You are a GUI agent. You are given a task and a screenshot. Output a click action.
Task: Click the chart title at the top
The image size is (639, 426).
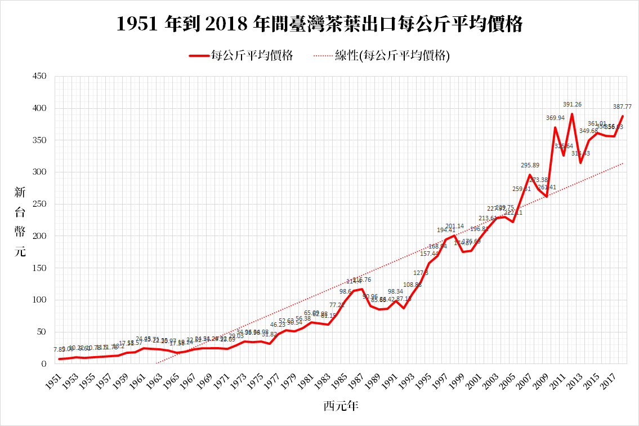tap(319, 24)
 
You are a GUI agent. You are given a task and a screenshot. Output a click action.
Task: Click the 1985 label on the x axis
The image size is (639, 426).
tap(339, 377)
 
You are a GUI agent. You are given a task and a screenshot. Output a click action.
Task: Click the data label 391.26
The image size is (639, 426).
tap(572, 105)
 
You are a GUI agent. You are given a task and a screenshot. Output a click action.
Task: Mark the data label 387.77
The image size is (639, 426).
tap(622, 106)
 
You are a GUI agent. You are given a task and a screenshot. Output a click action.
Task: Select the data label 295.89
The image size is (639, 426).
tap(530, 166)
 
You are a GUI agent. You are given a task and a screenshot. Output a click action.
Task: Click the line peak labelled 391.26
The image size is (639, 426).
tap(572, 114)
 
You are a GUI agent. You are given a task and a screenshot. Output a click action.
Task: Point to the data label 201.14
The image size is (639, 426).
tap(454, 227)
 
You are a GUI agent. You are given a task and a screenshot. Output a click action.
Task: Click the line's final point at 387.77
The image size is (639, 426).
tap(622, 116)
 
